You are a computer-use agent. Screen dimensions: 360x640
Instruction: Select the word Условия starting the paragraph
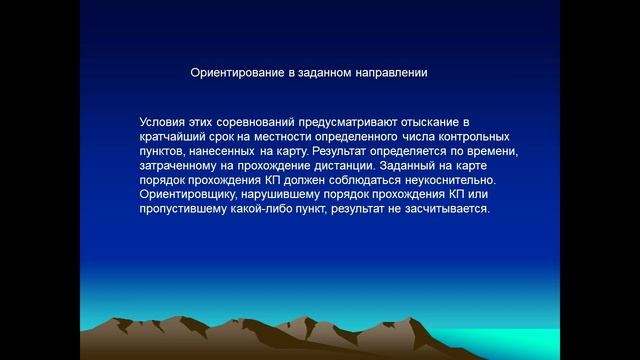[x=164, y=120]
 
